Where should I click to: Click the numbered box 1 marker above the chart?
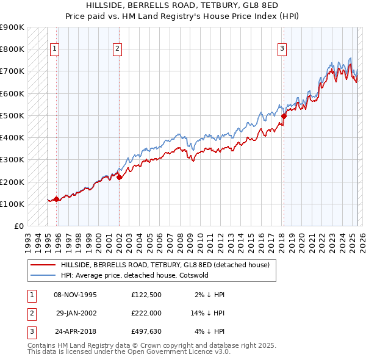pyautogui.click(x=55, y=49)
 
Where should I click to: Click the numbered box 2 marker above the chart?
pyautogui.click(x=117, y=49)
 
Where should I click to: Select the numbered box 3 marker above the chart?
pyautogui.click(x=283, y=49)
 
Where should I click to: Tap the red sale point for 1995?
pyautogui.click(x=56, y=199)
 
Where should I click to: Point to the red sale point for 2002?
pyautogui.click(x=119, y=177)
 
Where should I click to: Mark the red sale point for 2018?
pyautogui.click(x=284, y=115)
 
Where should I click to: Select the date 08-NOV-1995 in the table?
pyautogui.click(x=75, y=295)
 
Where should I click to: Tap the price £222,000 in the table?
pyautogui.click(x=146, y=313)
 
